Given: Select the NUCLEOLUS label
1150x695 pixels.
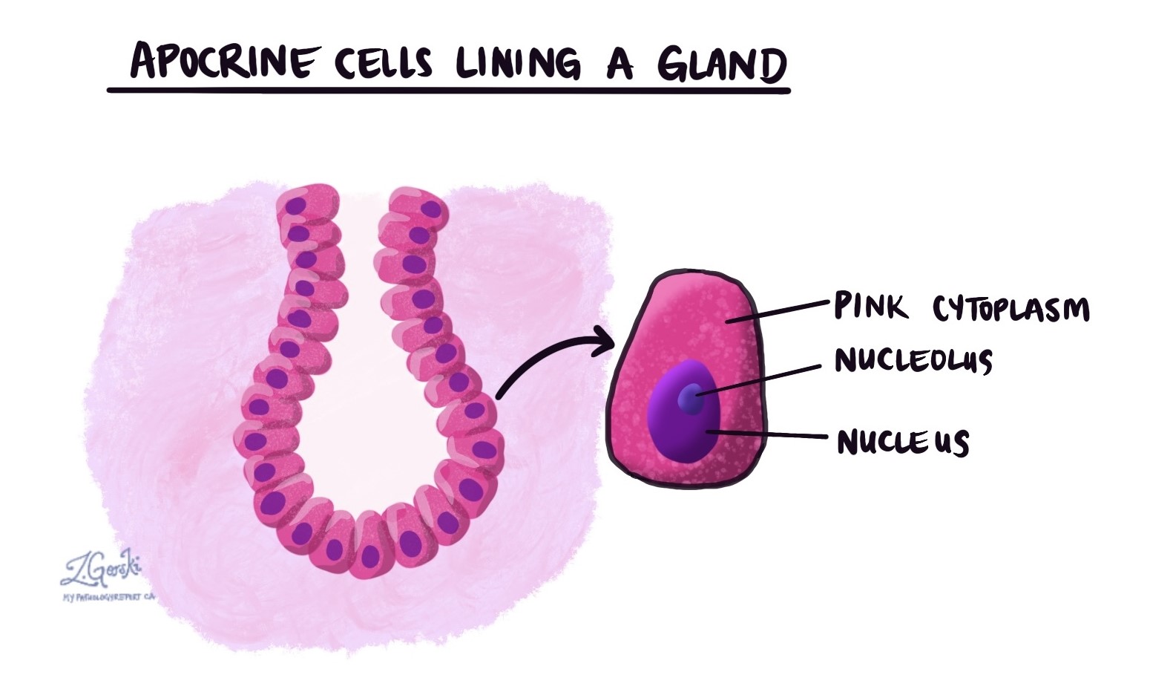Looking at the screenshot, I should click(x=913, y=361).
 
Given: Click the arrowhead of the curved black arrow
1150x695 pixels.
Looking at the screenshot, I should click(x=602, y=345).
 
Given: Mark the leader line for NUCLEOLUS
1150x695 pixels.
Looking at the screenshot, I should click(x=757, y=379).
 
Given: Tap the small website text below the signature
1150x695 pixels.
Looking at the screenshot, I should click(x=108, y=597).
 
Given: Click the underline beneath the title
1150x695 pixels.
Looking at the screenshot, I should click(x=448, y=91).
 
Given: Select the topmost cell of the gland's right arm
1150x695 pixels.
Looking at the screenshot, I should click(x=416, y=207).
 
